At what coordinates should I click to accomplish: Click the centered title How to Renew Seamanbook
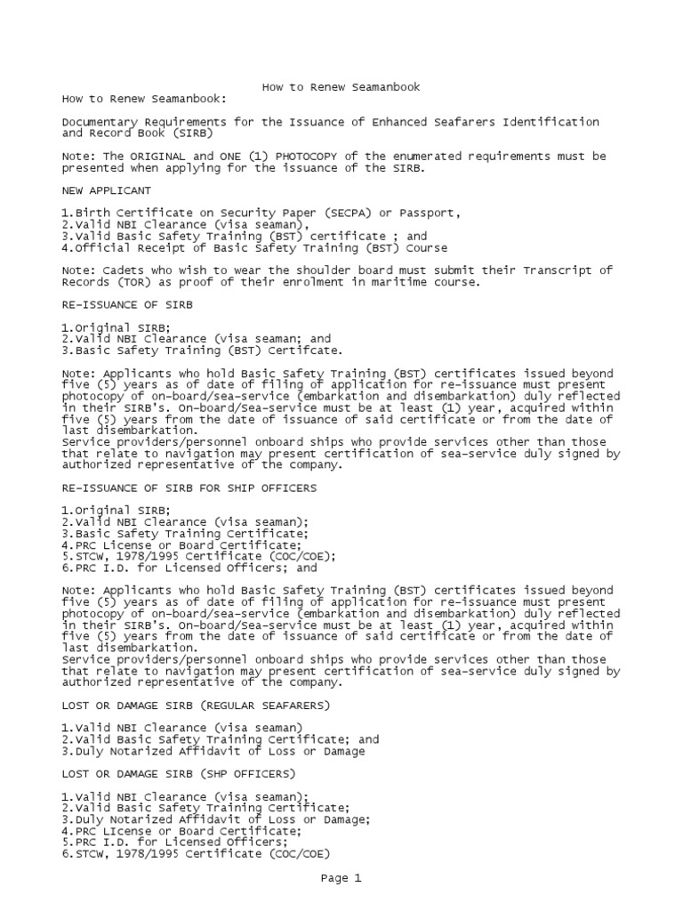pyautogui.click(x=341, y=87)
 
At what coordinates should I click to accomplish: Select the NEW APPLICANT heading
pyautogui.click(x=107, y=190)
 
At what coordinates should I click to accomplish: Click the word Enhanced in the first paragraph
pyautogui.click(x=382, y=121)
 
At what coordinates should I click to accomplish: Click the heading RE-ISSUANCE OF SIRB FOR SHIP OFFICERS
pyautogui.click(x=189, y=488)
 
